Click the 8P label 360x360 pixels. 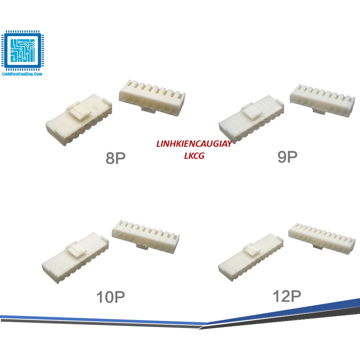116,158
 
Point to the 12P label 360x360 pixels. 287,296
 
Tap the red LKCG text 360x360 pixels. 194,156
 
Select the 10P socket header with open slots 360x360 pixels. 146,235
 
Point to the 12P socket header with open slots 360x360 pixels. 322,237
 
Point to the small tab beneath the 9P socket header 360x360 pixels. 318,112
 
